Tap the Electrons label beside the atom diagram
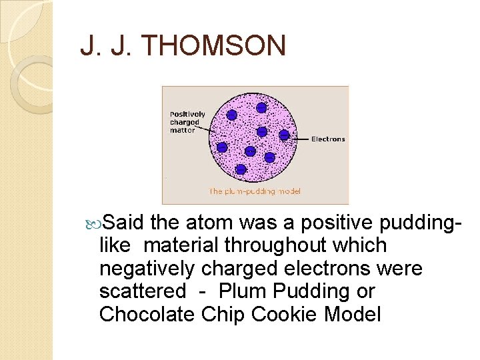(x=328, y=139)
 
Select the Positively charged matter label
(x=187, y=122)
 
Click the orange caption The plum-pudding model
(x=255, y=191)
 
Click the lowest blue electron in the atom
(x=241, y=169)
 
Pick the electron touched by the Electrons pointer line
(x=284, y=135)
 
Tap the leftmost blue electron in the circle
(x=222, y=147)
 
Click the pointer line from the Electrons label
(x=300, y=138)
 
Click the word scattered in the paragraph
(x=142, y=291)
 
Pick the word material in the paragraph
(x=181, y=245)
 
